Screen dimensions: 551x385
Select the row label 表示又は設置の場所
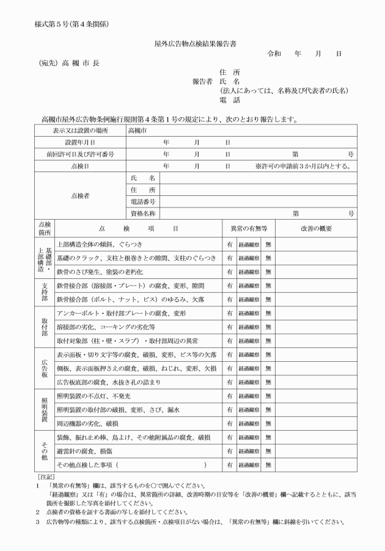pos(80,131)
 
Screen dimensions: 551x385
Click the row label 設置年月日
pos(80,142)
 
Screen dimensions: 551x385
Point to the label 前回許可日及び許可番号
pos(80,154)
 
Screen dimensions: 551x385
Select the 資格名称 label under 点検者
pos(143,213)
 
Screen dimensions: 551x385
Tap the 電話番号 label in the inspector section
pos(143,201)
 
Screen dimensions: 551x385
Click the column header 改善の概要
pos(316,228)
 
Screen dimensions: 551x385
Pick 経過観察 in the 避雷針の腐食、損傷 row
pos(249,452)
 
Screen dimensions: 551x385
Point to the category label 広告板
pos(45,368)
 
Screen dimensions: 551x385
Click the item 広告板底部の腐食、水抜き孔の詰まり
pos(108,383)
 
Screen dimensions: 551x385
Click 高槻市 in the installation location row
pos(137,131)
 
